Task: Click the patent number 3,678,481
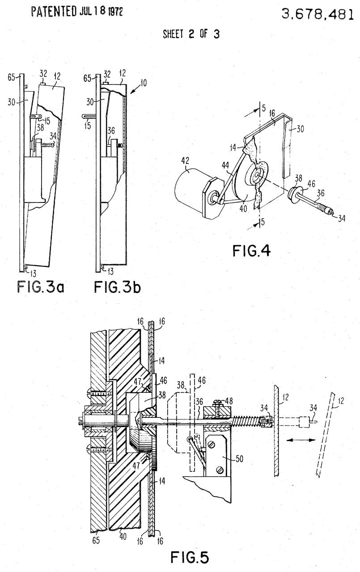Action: click(x=318, y=14)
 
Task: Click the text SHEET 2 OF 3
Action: click(x=191, y=34)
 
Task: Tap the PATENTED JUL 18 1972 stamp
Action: click(x=77, y=12)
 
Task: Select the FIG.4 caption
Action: click(x=251, y=251)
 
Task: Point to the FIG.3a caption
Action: click(x=40, y=286)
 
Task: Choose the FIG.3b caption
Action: click(x=117, y=286)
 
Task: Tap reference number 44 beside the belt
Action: click(x=225, y=165)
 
